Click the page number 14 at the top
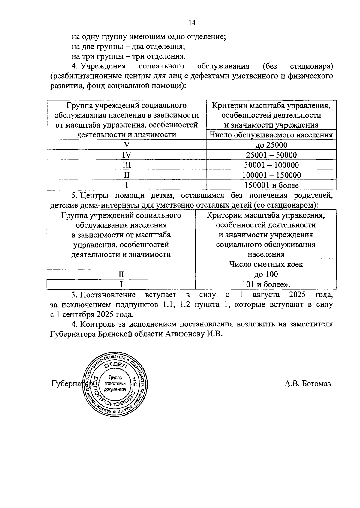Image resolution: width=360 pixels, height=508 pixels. click(x=192, y=23)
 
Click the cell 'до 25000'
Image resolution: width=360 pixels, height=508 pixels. click(x=271, y=145)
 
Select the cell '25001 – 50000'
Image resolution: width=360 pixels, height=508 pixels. click(x=271, y=155)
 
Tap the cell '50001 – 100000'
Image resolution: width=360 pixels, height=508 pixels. click(x=271, y=165)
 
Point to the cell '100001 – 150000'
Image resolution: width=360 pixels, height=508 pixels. click(x=271, y=175)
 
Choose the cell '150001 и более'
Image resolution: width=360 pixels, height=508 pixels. click(x=271, y=185)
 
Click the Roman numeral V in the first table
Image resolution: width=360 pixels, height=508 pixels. click(x=127, y=145)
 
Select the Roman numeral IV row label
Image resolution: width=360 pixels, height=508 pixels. click(x=127, y=155)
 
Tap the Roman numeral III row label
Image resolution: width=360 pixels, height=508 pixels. click(x=127, y=165)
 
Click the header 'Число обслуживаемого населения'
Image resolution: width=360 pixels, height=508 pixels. click(x=271, y=135)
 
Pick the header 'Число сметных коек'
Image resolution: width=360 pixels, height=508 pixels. click(x=266, y=264)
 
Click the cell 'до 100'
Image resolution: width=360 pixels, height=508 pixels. click(x=266, y=274)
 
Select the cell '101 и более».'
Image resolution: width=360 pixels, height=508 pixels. click(x=266, y=284)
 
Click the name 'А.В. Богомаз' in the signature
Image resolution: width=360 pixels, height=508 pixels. click(x=307, y=384)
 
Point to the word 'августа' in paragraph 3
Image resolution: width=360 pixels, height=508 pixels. click(x=266, y=295)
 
